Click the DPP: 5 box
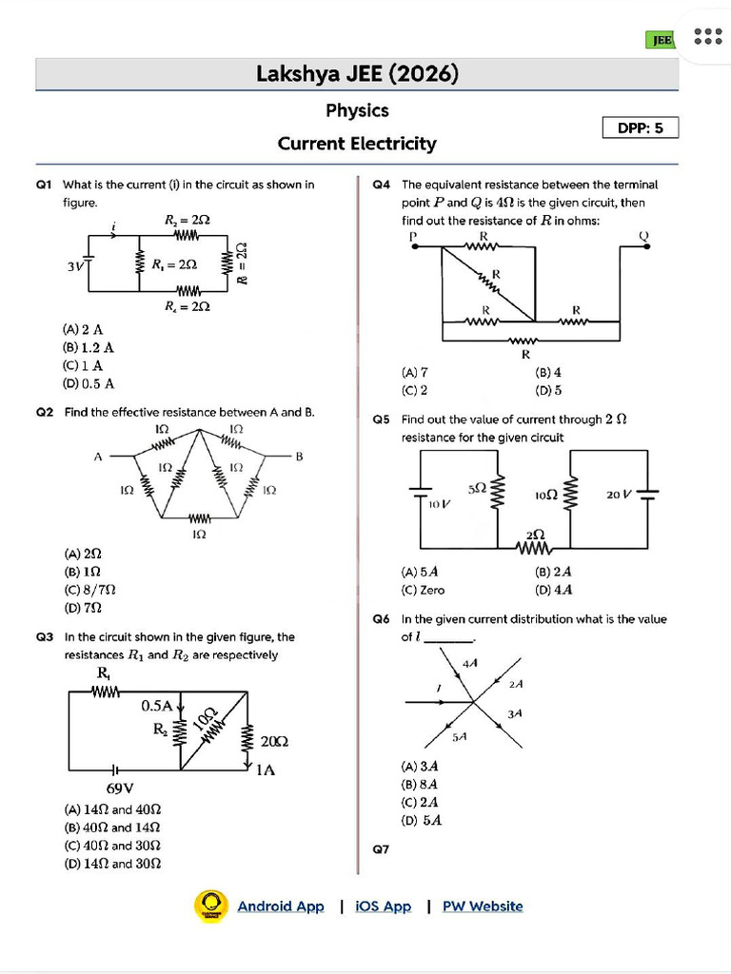[x=641, y=127]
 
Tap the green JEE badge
[x=661, y=39]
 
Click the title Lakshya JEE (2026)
[x=357, y=73]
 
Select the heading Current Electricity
[x=357, y=144]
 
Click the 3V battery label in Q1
[x=75, y=266]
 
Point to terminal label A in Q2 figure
[x=97, y=457]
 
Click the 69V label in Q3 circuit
[x=119, y=788]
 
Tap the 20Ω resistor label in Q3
[x=274, y=741]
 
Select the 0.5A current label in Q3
[x=158, y=706]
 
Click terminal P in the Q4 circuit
[x=413, y=236]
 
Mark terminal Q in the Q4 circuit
[x=643, y=236]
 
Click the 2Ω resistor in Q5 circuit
[x=535, y=544]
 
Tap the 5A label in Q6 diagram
[x=459, y=736]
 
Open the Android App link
[x=280, y=906]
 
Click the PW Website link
[x=483, y=906]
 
